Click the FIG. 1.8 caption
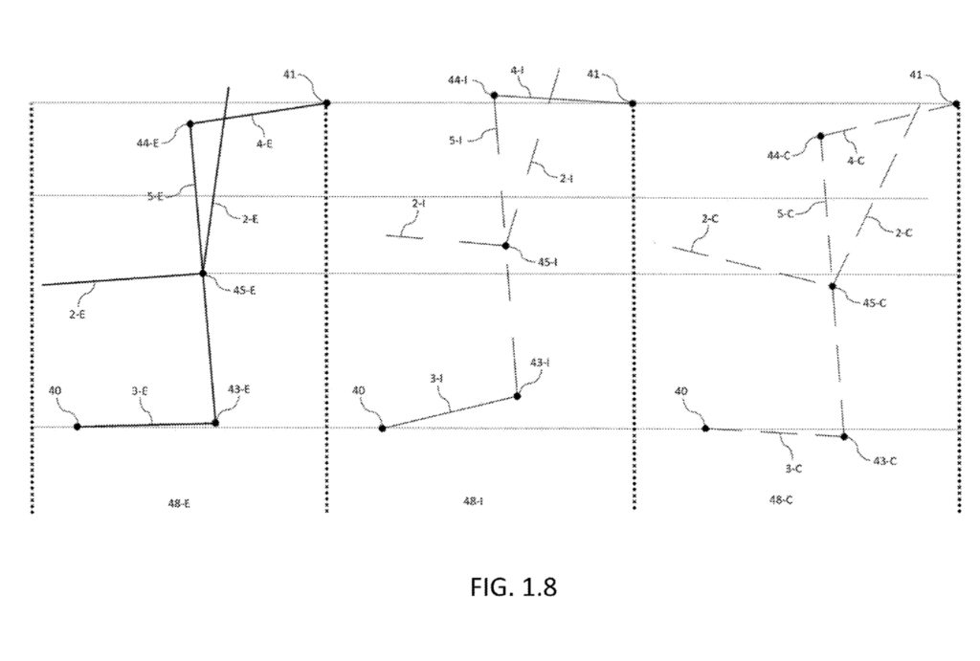[513, 586]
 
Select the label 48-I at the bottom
[473, 500]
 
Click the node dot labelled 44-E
[189, 123]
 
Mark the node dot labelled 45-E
[203, 274]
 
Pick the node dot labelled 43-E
[214, 422]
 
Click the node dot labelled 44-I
[494, 94]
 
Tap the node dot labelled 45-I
[506, 246]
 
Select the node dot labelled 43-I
[517, 395]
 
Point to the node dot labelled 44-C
[820, 137]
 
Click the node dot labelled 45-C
[833, 286]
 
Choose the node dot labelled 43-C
[844, 436]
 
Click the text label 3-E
[139, 390]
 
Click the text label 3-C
[793, 468]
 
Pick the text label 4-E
[264, 143]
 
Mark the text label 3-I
[436, 379]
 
